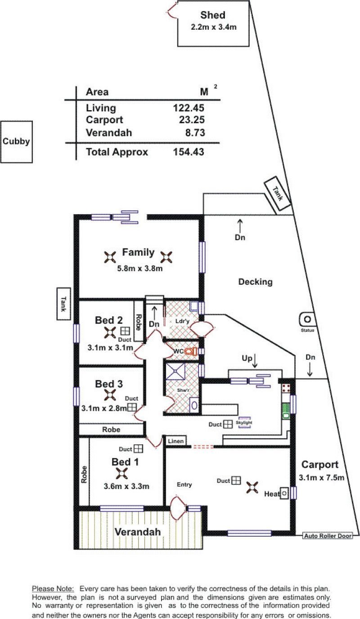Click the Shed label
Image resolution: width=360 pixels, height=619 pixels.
pos(213,15)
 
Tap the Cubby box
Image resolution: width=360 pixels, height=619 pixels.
pos(16,142)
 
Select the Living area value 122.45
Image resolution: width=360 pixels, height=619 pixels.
pos(189,108)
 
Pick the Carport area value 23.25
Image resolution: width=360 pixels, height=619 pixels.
pos(192,120)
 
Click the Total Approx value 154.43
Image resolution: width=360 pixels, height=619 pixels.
pos(189,152)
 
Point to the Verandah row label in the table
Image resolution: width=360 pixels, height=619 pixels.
pos(108,133)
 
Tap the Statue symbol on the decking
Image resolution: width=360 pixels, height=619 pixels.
pos(307,319)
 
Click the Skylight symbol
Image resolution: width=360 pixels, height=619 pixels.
pos(244,422)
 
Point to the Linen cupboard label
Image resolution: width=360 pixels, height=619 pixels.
pos(175,441)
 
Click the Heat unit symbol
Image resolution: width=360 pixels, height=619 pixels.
pos(284,493)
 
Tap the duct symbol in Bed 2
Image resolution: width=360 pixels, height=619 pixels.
pos(125,331)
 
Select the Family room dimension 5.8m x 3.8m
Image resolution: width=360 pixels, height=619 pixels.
pos(140,268)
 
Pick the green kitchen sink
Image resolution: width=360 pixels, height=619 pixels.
pos(286,411)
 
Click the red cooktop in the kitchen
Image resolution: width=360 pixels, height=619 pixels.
pos(286,388)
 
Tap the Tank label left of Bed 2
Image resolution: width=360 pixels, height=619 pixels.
pos(63,304)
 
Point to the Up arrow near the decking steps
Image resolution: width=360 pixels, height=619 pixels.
pos(255,361)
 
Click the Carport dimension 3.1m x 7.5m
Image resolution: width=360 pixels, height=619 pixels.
pos(322,477)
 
